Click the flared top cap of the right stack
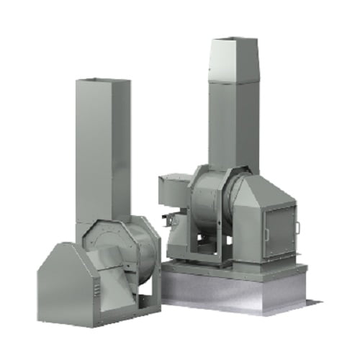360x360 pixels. click(234, 58)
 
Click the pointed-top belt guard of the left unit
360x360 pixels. click(64, 281)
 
